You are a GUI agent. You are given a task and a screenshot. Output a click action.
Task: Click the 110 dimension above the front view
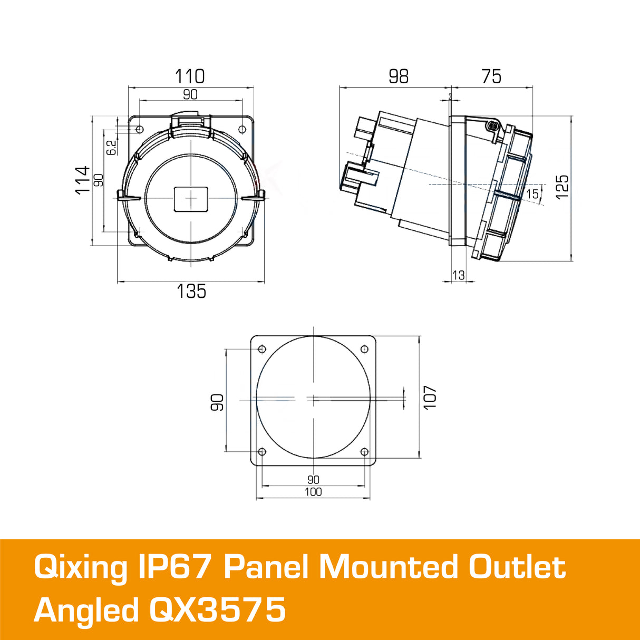190,76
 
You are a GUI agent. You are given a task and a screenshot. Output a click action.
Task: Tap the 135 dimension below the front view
191,292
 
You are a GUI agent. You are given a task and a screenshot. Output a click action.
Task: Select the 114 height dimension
83,180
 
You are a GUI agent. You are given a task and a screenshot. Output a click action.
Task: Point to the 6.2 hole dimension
111,147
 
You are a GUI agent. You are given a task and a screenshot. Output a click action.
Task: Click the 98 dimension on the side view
399,76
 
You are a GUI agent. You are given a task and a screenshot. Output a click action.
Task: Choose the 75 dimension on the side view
491,76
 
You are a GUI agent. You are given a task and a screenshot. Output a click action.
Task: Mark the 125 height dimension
563,187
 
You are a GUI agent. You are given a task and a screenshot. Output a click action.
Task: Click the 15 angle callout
532,194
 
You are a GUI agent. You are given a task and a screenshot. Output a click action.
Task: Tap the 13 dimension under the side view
459,275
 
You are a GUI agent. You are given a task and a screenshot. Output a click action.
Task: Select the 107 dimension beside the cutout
430,397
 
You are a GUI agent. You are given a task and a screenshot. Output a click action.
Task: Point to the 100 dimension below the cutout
313,492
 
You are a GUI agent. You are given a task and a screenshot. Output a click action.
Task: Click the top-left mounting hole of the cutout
262,349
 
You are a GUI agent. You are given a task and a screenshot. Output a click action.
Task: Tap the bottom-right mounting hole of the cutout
364,452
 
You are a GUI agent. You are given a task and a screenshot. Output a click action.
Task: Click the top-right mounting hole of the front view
242,129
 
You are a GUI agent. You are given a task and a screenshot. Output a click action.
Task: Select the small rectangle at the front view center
191,198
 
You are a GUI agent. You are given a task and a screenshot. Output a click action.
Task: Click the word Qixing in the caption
80,568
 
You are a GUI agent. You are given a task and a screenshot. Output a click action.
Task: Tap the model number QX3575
218,610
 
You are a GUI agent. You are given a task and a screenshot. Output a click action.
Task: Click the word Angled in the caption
86,610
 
